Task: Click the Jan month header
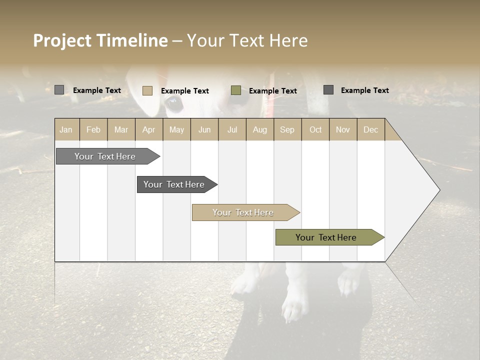66,129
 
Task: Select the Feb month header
93,129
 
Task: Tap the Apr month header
148,129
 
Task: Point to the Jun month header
204,129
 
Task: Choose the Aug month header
259,129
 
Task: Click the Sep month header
287,129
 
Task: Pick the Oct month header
315,129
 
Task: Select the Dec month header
370,129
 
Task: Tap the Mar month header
121,129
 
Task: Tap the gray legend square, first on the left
59,90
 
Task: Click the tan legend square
147,90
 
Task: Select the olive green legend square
236,90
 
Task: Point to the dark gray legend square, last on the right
328,90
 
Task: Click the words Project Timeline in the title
100,40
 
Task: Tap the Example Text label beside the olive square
272,90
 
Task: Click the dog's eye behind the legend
173,104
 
